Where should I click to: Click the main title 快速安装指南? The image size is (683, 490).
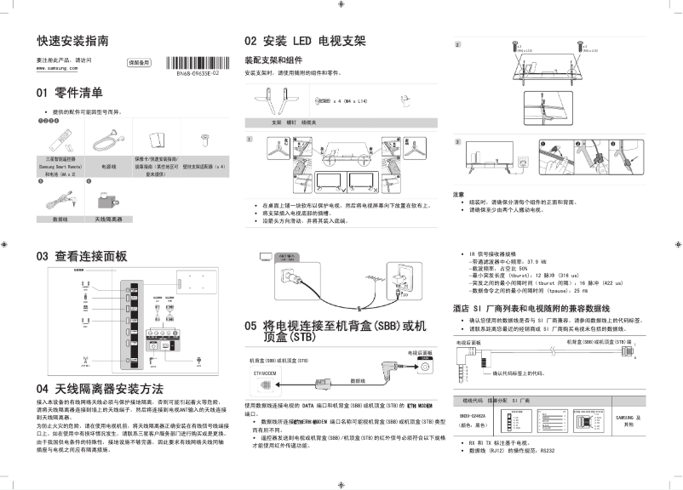(72, 41)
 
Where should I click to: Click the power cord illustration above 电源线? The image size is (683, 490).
(107, 139)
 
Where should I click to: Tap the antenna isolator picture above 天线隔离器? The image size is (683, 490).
(108, 203)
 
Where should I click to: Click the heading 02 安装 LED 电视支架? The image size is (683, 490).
(304, 41)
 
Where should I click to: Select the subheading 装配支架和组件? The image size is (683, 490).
(273, 61)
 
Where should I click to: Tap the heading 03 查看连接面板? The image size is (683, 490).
(81, 255)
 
